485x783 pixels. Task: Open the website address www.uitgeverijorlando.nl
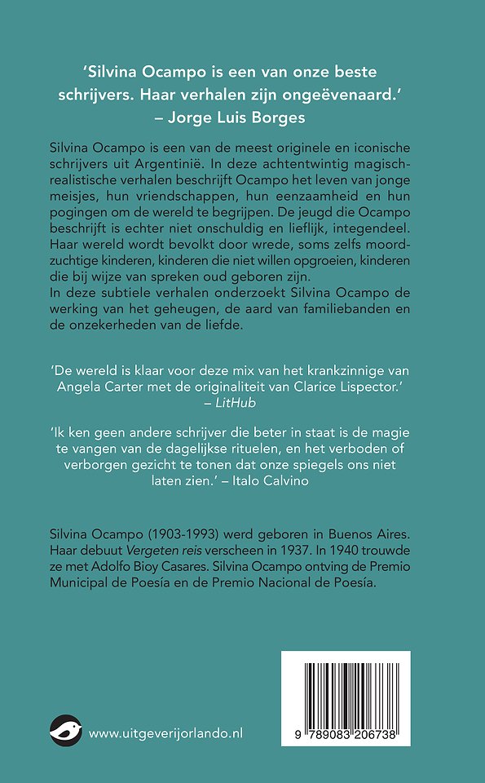[165, 733]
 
